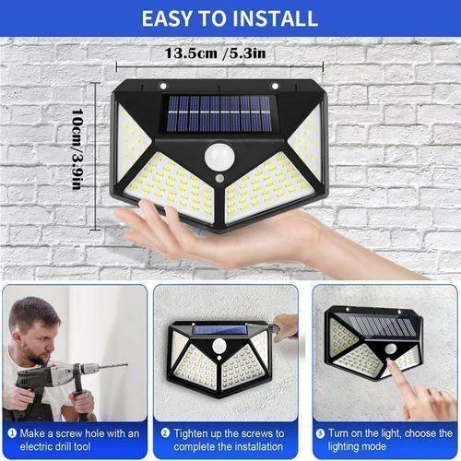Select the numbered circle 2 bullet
click(165, 431)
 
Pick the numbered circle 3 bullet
click(320, 431)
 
